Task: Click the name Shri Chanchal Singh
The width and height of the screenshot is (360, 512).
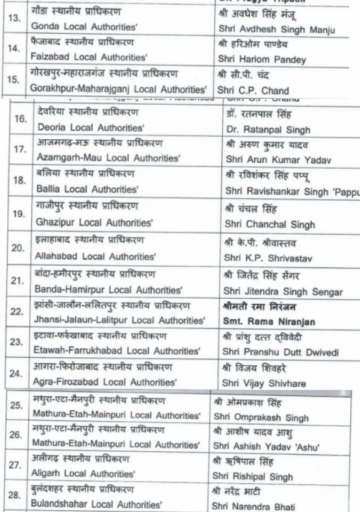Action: tap(270, 225)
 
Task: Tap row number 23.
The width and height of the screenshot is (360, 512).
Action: tap(19, 342)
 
